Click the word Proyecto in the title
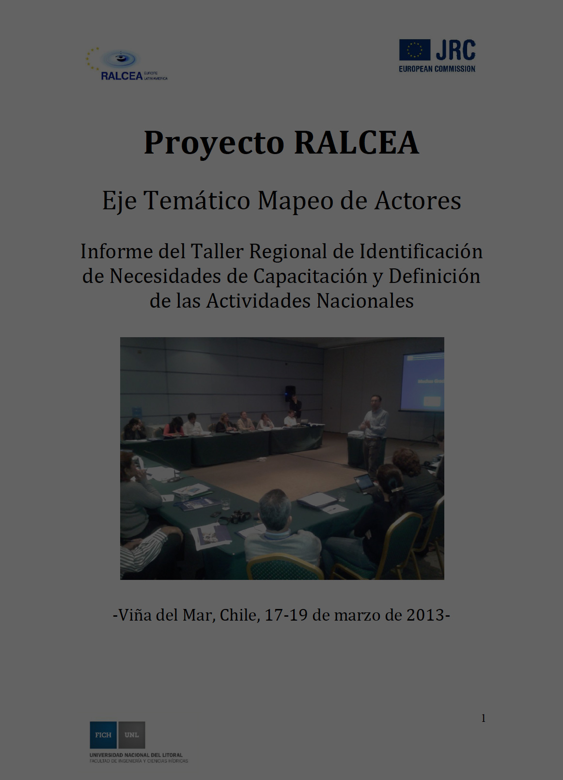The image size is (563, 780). point(214,143)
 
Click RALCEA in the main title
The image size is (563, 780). point(356,142)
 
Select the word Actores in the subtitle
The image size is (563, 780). point(418,201)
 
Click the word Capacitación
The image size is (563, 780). point(310,276)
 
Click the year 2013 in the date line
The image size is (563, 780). point(425,615)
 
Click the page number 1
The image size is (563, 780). point(483,718)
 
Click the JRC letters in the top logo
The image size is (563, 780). point(455,50)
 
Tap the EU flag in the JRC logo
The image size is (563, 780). point(415,50)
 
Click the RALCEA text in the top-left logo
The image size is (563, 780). point(121,76)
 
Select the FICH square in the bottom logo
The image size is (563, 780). point(103,735)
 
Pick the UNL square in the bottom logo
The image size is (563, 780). point(131,735)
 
